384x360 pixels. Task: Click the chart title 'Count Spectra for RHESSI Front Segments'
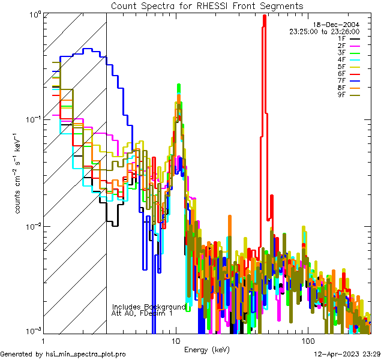[x=207, y=6]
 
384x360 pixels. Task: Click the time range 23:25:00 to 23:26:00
[x=324, y=31]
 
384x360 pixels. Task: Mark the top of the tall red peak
[x=265, y=16]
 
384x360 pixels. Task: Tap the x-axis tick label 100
[x=307, y=341]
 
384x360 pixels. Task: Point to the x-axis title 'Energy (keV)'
[x=206, y=349]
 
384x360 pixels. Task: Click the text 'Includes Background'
[x=149, y=307]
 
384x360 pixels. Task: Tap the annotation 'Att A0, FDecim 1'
[x=142, y=313]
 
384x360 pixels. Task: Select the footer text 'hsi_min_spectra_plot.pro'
[x=86, y=354]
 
